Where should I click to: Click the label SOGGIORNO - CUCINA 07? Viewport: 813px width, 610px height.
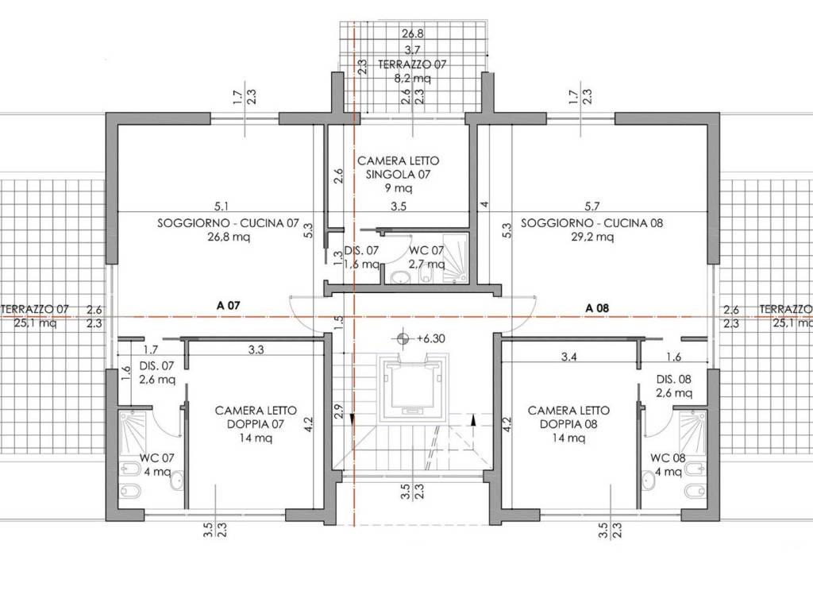point(228,223)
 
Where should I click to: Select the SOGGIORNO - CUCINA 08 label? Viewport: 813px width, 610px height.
point(591,223)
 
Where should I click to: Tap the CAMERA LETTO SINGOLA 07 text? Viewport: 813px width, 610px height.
point(399,168)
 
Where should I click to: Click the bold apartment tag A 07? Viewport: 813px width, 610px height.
point(228,306)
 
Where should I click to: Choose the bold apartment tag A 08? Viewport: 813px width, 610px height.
point(597,307)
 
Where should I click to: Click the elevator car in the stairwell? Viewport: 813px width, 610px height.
point(412,388)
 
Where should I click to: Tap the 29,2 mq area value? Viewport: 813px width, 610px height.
point(591,237)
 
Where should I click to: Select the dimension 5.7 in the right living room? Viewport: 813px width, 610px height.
point(592,207)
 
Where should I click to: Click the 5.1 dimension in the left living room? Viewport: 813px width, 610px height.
point(221,207)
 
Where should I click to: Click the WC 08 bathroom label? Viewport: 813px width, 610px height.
point(668,458)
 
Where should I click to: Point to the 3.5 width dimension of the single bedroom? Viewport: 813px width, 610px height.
point(399,207)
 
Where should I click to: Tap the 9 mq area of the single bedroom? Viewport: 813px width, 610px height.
point(399,187)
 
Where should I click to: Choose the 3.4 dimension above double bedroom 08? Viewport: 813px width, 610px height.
point(569,357)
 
